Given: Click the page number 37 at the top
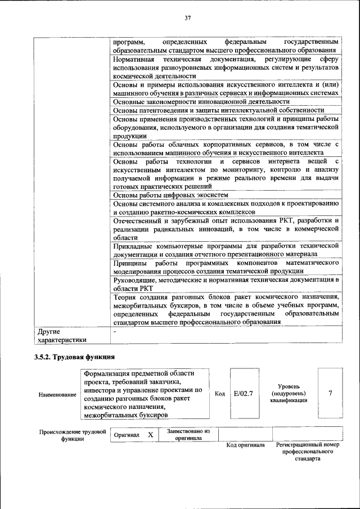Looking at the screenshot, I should coord(188,19).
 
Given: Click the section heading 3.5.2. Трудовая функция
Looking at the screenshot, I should coord(75,357).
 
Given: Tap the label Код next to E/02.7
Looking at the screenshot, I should coord(220,394).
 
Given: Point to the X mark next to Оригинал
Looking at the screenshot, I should coord(150,435).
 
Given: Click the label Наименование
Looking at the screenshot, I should coord(57,394).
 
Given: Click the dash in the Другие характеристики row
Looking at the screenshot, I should coord(114,332).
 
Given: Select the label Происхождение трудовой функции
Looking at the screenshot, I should coord(72,435).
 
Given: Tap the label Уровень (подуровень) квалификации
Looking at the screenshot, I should coord(288,393).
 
